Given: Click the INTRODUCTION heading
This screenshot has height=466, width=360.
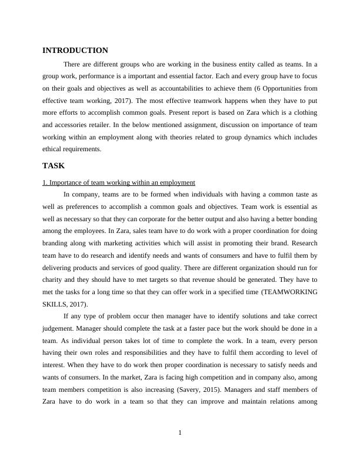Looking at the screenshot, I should pos(75,51).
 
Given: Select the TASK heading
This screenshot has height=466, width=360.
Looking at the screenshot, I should pos(54,166).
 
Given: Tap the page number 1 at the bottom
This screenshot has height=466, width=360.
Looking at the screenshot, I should pos(180,433).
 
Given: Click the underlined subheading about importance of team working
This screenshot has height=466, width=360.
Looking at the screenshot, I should pos(119,182).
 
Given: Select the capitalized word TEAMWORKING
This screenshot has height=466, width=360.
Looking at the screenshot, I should pos(292,292).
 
